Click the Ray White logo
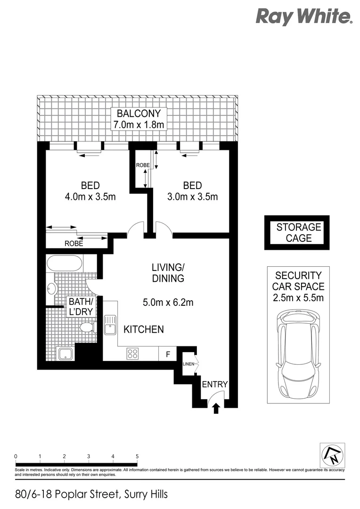[304, 16]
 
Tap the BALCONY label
[139, 114]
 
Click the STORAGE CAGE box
[296, 233]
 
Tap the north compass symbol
[332, 455]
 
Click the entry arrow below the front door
[216, 408]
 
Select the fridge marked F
[167, 353]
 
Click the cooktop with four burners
[132, 353]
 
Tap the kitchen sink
[110, 325]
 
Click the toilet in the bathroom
[87, 327]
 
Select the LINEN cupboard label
[188, 363]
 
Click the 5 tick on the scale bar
[137, 457]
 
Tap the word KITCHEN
[144, 329]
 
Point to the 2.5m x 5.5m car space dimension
[298, 297]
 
